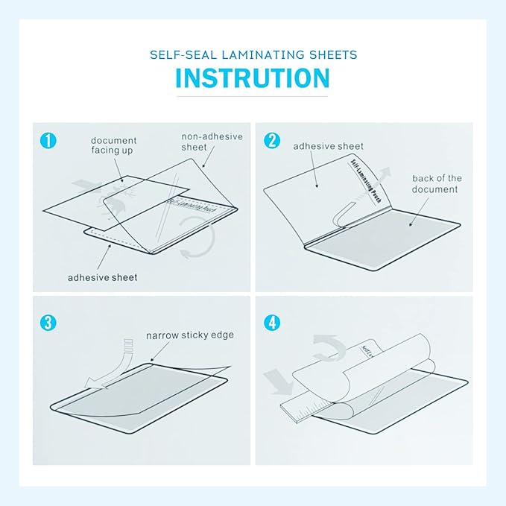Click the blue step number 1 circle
tap(48, 140)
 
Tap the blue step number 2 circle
tap(272, 140)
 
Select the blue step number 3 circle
tap(48, 323)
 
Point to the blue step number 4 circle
tap(272, 323)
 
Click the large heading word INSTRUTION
tap(253, 78)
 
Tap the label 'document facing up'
tap(113, 145)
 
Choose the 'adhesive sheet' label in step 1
tap(102, 277)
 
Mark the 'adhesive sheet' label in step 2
tap(328, 146)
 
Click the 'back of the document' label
tap(437, 184)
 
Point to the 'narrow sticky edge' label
tap(189, 335)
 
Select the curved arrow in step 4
tap(326, 344)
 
